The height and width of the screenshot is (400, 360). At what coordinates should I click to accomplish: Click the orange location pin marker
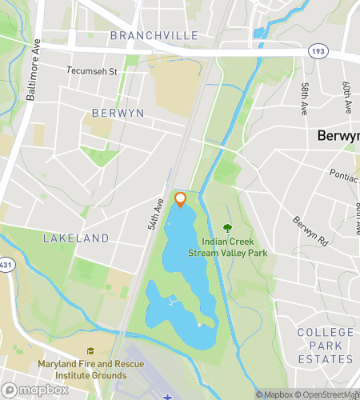(x=180, y=198)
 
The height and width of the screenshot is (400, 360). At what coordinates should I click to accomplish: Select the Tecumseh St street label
(x=92, y=70)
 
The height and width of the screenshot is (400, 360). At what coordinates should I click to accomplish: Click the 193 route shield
(x=317, y=50)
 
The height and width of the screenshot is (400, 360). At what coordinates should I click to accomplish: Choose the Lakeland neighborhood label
(x=75, y=238)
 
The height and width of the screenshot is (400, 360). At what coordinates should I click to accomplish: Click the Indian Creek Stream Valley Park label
(x=228, y=247)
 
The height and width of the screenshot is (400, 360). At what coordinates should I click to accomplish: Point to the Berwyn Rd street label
(x=310, y=231)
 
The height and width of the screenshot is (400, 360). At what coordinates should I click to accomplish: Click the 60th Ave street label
(x=347, y=96)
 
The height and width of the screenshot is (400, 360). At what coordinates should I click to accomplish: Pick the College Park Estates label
(x=325, y=345)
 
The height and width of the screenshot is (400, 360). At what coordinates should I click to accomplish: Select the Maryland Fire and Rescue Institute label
(x=90, y=369)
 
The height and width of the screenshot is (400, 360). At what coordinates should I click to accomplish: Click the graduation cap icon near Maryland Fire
(x=90, y=351)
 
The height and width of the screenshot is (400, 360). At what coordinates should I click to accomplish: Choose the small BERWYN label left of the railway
(x=118, y=113)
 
